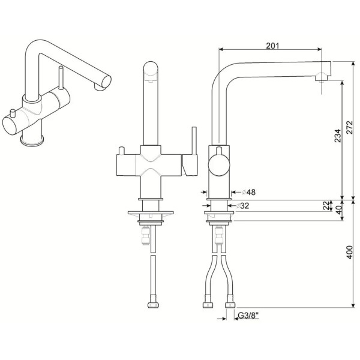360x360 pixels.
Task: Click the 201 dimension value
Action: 272,46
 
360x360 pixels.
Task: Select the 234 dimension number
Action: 337,136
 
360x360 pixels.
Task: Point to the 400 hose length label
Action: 349,252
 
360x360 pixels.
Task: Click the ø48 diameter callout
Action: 248,192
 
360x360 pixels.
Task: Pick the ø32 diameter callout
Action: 242,205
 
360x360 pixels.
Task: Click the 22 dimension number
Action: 326,205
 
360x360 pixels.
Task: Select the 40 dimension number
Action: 339,209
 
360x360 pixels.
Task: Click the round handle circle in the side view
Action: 219,165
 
